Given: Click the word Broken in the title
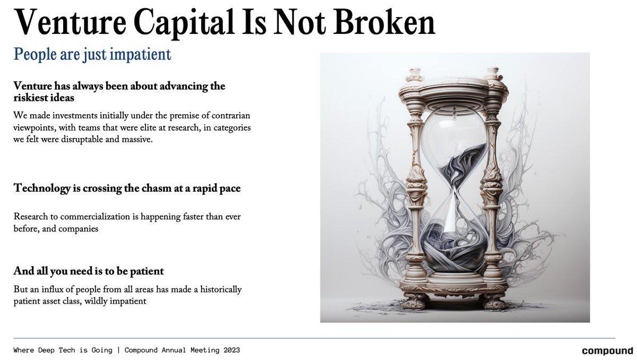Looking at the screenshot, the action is tap(385, 22).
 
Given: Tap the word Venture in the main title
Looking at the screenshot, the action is tap(70, 22).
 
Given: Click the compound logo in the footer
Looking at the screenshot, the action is tap(607, 351).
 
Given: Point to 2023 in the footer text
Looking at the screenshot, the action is tap(231, 350).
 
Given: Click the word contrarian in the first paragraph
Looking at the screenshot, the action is tap(230, 115).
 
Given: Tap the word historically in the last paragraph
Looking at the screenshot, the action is tap(221, 289).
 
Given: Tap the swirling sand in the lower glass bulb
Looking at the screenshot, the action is tap(454, 247).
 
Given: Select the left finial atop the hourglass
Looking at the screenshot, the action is tap(415, 74).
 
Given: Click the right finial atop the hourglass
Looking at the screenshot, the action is tap(493, 73).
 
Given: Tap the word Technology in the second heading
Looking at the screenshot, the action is tap(42, 188).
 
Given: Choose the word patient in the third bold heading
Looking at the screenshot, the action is tap(147, 271).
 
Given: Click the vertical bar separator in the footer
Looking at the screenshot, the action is tap(118, 350).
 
